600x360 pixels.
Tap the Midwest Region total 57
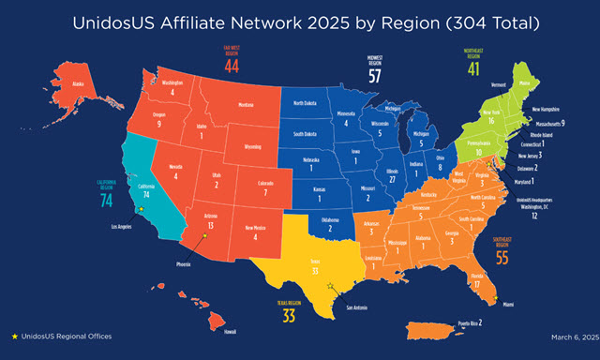pyautogui.click(x=374, y=77)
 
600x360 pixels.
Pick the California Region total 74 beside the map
pyautogui.click(x=106, y=200)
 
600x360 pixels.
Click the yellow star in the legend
pyautogui.click(x=14, y=335)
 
